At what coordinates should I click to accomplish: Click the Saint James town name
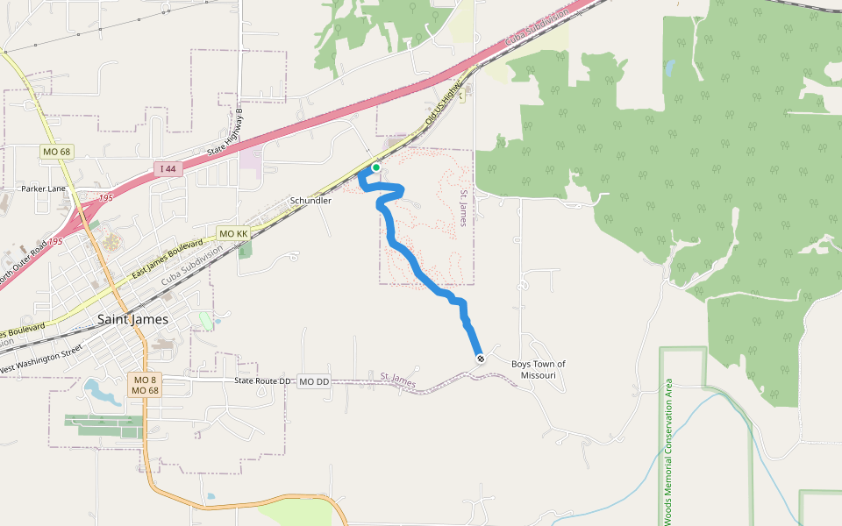pyautogui.click(x=133, y=319)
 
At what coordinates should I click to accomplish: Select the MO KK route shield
pyautogui.click(x=232, y=234)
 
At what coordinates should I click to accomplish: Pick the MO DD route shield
pyautogui.click(x=313, y=382)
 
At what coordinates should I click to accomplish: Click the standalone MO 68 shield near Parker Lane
pyautogui.click(x=56, y=152)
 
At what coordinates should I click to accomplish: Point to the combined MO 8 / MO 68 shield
pyautogui.click(x=145, y=386)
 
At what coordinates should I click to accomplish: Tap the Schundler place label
pyautogui.click(x=310, y=201)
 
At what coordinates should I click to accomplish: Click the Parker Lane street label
pyautogui.click(x=43, y=188)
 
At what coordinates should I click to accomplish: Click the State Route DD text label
pyautogui.click(x=261, y=381)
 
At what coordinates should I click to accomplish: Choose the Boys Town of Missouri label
pyautogui.click(x=539, y=369)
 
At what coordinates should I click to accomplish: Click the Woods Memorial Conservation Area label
pyautogui.click(x=668, y=451)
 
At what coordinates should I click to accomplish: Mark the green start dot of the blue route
pyautogui.click(x=376, y=167)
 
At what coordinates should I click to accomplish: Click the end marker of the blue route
pyautogui.click(x=481, y=359)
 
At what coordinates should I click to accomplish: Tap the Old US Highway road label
pyautogui.click(x=443, y=104)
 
